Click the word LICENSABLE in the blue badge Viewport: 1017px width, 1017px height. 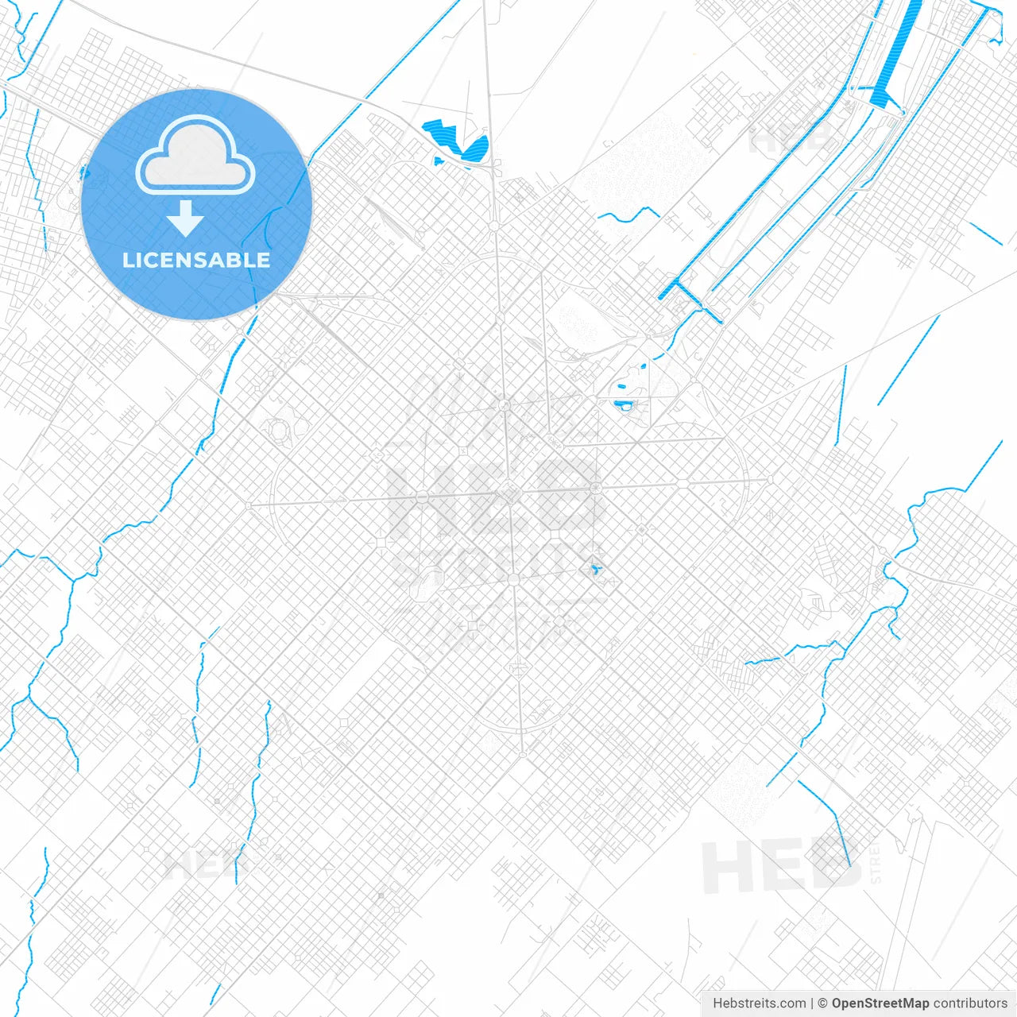(196, 260)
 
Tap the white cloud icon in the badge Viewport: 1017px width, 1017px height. (195, 156)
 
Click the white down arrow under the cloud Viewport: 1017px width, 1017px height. (186, 218)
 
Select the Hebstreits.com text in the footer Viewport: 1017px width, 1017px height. (759, 1003)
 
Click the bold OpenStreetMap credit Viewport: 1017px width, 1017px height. (880, 1003)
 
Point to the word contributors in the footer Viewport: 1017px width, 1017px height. (969, 1003)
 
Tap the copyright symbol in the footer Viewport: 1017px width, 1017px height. (823, 1003)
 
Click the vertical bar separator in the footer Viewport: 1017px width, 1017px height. (813, 1003)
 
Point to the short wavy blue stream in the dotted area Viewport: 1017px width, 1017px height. (628, 215)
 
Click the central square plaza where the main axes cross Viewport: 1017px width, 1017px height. (509, 493)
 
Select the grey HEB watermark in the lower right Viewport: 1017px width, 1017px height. (783, 866)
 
